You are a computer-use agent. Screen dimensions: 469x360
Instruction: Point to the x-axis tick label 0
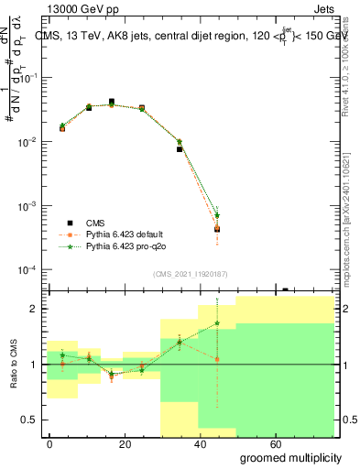click(49, 442)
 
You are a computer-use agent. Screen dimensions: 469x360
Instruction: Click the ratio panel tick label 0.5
click(28, 420)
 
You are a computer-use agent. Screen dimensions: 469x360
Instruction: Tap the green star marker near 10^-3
click(217, 215)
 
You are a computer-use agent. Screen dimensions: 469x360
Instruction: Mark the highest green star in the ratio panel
click(217, 322)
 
